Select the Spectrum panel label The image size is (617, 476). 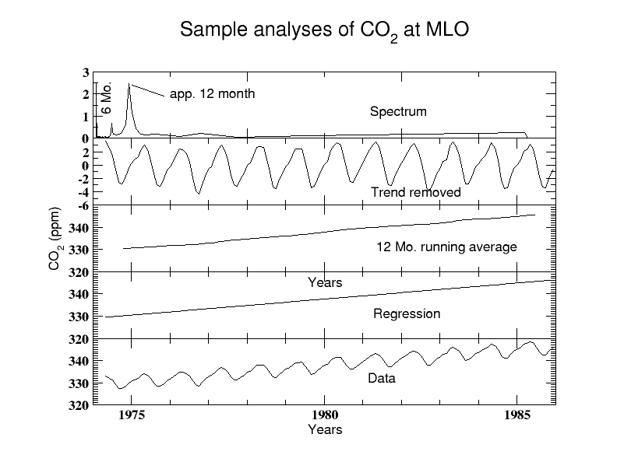click(398, 111)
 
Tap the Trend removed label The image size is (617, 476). click(416, 192)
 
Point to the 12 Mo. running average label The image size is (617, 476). click(446, 247)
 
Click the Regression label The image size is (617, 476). click(407, 314)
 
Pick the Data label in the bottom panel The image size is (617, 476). click(382, 379)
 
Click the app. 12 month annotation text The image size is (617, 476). click(213, 94)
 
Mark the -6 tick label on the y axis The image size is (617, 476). click(82, 205)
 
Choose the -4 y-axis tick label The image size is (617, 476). click(82, 192)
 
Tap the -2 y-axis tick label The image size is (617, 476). click(82, 179)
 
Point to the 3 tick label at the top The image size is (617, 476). click(85, 72)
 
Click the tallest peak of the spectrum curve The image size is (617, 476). click(129, 84)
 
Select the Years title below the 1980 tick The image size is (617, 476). click(325, 429)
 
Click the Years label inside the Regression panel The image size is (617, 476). click(325, 282)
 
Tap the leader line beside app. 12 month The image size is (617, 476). click(148, 89)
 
